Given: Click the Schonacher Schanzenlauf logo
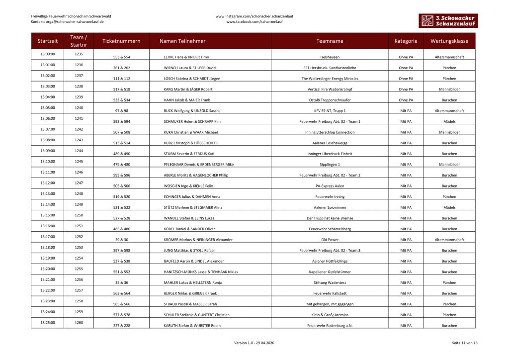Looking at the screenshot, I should coord(447,20).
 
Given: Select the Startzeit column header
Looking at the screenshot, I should coord(47,41).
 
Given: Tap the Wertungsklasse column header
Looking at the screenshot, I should coord(449,41).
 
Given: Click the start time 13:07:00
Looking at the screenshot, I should coord(47,129).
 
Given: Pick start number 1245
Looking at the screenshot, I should coord(79,161).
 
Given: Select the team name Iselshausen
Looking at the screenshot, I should coord(330,57).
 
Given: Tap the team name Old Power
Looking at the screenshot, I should coord(330,240).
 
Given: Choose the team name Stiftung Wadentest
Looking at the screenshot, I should coord(330,282).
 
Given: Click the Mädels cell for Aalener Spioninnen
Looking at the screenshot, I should coord(449,207).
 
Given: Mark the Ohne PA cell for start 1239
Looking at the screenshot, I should coord(406,100).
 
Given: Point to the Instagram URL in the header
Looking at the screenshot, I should coord(254,16).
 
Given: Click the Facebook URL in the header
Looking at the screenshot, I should coord(254,22).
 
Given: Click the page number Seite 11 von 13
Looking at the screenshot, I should coord(464,343).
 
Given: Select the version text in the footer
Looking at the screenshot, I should coord(254,343).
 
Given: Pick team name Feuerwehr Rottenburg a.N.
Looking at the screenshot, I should coord(330,326).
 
